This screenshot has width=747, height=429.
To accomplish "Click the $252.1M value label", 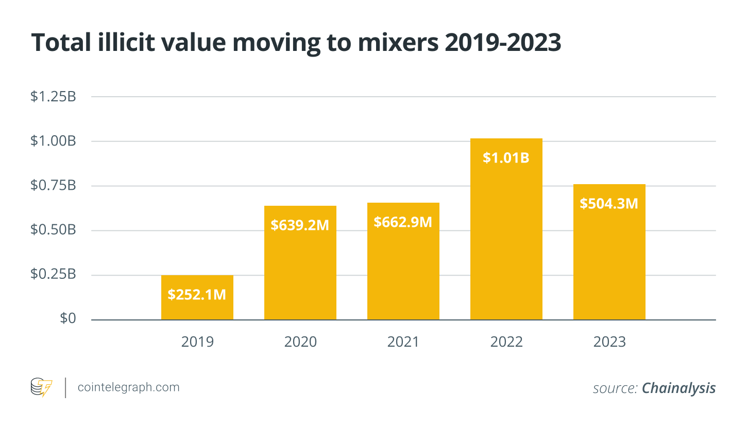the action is pyautogui.click(x=197, y=295).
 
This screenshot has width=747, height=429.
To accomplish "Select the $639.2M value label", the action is pyautogui.click(x=300, y=225).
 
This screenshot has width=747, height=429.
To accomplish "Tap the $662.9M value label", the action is pyautogui.click(x=403, y=222).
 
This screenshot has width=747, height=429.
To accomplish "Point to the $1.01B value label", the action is pyautogui.click(x=506, y=158).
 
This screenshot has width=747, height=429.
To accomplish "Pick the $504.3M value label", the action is pyautogui.click(x=609, y=204).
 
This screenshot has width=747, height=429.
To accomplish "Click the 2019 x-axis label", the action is pyautogui.click(x=197, y=342).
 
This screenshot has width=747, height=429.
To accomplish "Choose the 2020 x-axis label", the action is pyautogui.click(x=300, y=342).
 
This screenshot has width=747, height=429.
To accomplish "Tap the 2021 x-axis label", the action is pyautogui.click(x=403, y=342).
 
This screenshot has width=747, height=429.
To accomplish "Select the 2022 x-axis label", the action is pyautogui.click(x=506, y=342).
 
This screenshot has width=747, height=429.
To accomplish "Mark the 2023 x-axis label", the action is pyautogui.click(x=609, y=342).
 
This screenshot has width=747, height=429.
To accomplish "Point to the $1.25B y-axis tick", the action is pyautogui.click(x=54, y=97).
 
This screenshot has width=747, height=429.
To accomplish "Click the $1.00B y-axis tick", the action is pyautogui.click(x=54, y=141).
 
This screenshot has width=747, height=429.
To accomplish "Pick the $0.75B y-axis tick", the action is pyautogui.click(x=54, y=186).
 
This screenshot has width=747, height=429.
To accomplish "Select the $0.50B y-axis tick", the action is pyautogui.click(x=54, y=230).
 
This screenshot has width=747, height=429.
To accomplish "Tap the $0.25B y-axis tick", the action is pyautogui.click(x=54, y=275).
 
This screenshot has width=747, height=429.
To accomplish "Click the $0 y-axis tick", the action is pyautogui.click(x=68, y=319).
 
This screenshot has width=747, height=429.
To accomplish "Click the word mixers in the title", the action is pyautogui.click(x=398, y=43).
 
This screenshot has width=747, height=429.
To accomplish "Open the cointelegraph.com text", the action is pyautogui.click(x=129, y=387).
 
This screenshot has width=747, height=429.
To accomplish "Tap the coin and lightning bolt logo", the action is pyautogui.click(x=41, y=387).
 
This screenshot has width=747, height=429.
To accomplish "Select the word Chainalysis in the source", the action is pyautogui.click(x=678, y=388).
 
